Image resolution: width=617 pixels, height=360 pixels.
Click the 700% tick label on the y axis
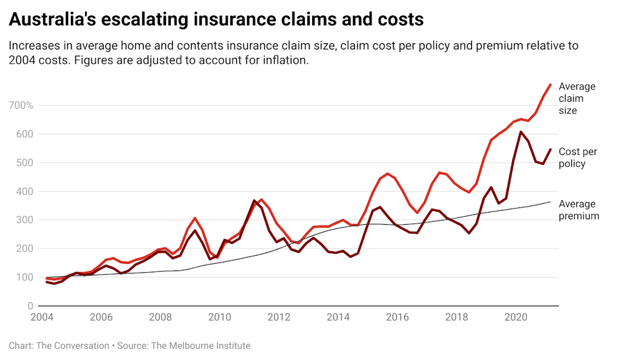22,106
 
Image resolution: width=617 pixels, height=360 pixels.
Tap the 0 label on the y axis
28,306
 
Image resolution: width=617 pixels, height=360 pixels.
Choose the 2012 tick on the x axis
279,318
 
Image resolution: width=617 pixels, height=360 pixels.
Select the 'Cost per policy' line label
578,157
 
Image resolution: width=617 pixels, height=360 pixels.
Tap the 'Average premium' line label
579,210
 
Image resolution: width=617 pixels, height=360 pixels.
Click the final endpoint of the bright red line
550,84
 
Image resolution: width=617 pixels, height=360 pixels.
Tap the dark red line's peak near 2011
254,201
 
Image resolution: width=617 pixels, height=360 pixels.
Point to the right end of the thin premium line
550,201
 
